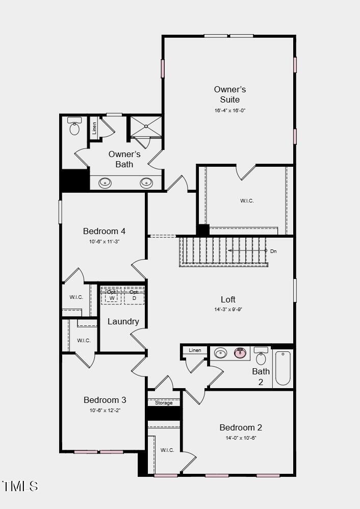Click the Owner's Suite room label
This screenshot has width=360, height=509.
click(230, 95)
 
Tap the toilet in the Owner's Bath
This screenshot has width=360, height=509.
click(75, 127)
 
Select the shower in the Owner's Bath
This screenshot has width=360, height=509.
click(146, 127)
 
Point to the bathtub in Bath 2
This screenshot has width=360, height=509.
click(283, 368)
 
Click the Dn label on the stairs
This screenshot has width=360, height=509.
click(273, 251)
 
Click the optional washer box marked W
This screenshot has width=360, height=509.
click(112, 296)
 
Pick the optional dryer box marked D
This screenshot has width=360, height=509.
click(134, 296)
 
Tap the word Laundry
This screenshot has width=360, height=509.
click(123, 321)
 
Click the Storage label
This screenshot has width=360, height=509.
click(164, 403)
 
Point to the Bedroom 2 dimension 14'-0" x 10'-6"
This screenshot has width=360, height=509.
click(241, 438)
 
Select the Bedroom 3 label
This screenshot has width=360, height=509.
click(105, 400)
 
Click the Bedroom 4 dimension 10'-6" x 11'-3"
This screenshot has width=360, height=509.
click(104, 242)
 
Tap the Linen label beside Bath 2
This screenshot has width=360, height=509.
click(195, 350)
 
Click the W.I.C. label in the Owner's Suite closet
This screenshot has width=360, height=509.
click(247, 201)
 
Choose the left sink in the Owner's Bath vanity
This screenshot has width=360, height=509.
click(106, 182)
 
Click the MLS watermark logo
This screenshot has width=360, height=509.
click(20, 486)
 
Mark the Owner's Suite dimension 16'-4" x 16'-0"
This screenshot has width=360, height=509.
click(230, 110)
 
